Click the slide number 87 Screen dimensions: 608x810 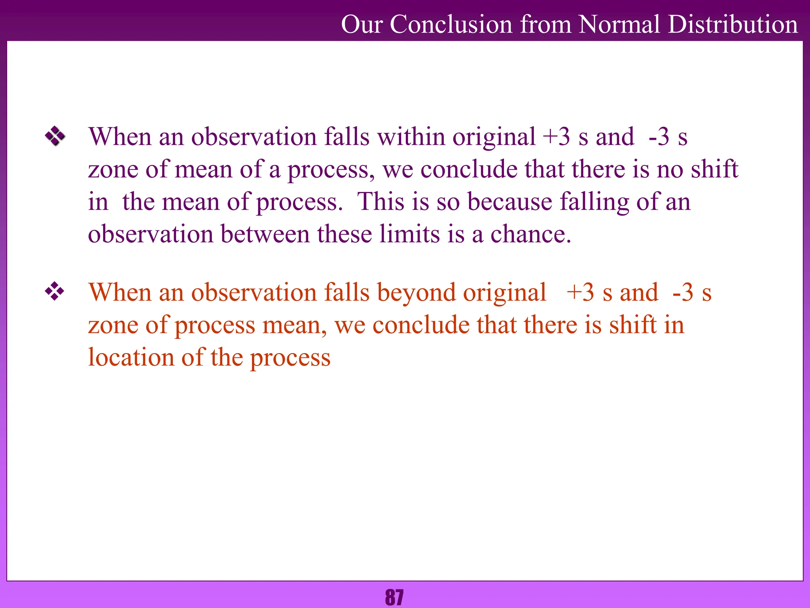click(394, 597)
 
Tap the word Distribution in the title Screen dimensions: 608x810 click(733, 25)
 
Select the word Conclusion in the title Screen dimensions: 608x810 click(451, 25)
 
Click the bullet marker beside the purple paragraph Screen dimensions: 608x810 click(55, 137)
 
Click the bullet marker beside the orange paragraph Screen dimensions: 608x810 click(55, 292)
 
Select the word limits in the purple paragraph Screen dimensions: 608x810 click(409, 234)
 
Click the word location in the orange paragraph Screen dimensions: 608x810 click(131, 357)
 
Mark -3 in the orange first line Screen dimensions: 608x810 click(683, 293)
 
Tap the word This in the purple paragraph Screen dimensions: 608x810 click(381, 202)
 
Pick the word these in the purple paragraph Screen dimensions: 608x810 click(344, 234)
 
